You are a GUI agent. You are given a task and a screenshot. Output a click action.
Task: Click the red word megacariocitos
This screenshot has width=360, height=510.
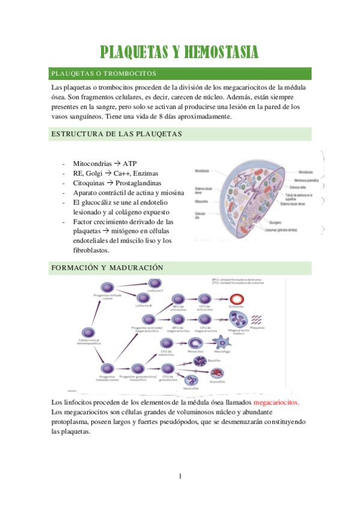click(x=276, y=402)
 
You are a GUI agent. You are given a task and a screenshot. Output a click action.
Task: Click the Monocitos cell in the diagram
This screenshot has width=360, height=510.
click(x=195, y=341)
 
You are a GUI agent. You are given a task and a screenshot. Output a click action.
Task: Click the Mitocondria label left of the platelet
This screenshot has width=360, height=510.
click(x=201, y=201)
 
